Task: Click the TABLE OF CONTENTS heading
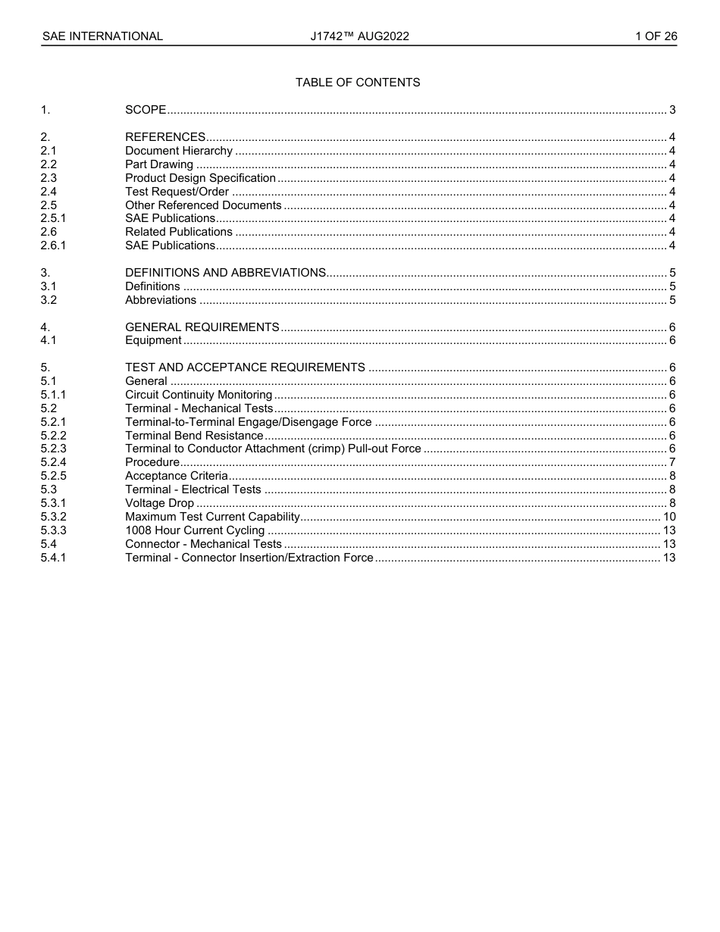click(x=358, y=83)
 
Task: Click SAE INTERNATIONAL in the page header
click(x=102, y=36)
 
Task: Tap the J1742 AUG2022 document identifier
click(x=359, y=36)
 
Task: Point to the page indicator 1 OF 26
click(x=656, y=36)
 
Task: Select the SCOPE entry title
click(x=146, y=110)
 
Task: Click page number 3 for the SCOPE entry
click(x=672, y=110)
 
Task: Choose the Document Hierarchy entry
click(x=179, y=151)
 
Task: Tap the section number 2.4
click(x=49, y=192)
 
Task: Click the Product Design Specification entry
click(x=200, y=178)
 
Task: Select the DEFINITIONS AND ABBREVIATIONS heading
click(x=225, y=273)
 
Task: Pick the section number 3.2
click(x=49, y=300)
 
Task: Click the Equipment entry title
click(x=153, y=340)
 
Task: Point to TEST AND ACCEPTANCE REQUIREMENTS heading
click(x=245, y=367)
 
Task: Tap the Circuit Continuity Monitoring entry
click(x=199, y=395)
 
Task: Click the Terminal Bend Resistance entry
click(x=194, y=436)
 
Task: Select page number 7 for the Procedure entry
click(x=672, y=462)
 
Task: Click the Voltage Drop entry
click(x=159, y=503)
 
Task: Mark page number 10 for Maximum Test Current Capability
click(x=669, y=517)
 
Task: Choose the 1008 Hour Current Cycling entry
click(x=195, y=530)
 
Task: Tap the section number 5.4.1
click(x=53, y=558)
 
